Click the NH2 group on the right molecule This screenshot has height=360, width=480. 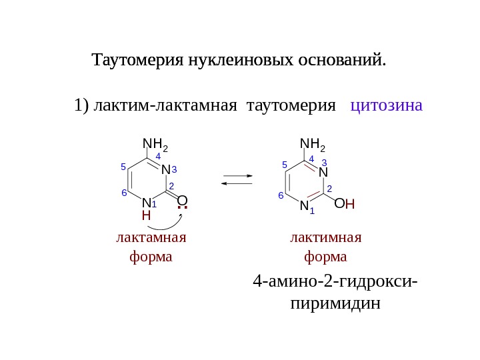312,145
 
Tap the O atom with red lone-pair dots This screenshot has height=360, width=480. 182,201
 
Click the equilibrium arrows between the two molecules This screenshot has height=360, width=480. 237,180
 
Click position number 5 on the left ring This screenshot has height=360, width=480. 123,167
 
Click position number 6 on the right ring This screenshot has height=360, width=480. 281,195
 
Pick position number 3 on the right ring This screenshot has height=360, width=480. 325,162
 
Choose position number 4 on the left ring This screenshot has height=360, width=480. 158,156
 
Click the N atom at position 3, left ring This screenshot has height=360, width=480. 165,171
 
